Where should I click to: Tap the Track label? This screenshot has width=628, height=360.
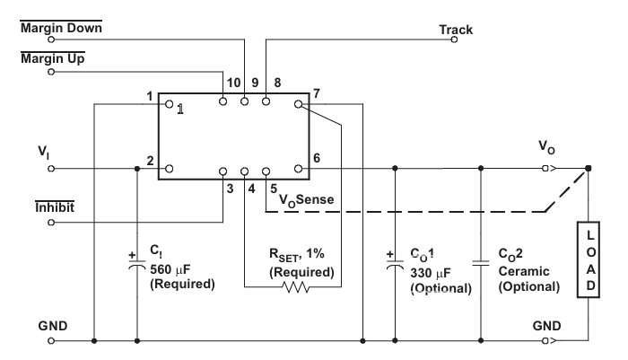(x=456, y=30)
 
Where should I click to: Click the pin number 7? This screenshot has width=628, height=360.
(x=316, y=93)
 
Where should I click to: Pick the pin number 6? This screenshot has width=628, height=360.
(x=316, y=158)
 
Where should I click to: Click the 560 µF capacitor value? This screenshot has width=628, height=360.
(x=168, y=267)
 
